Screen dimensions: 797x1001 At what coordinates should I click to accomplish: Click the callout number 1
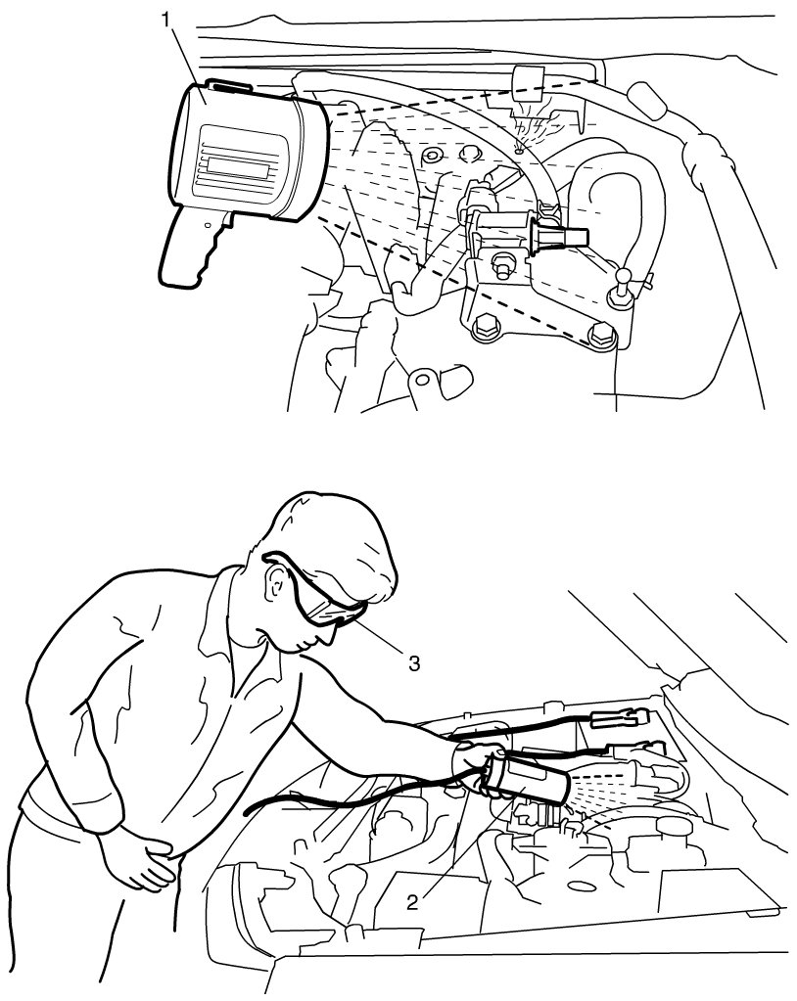pyautogui.click(x=166, y=20)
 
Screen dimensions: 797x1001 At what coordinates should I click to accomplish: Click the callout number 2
pyautogui.click(x=412, y=902)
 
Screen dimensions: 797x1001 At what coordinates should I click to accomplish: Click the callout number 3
pyautogui.click(x=414, y=663)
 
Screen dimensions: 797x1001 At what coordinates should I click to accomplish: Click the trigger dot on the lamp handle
pyautogui.click(x=207, y=225)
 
